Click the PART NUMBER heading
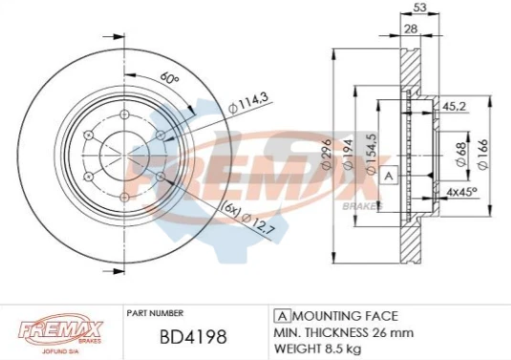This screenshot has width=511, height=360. click(156, 311)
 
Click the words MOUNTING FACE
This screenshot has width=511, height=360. click(345, 315)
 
